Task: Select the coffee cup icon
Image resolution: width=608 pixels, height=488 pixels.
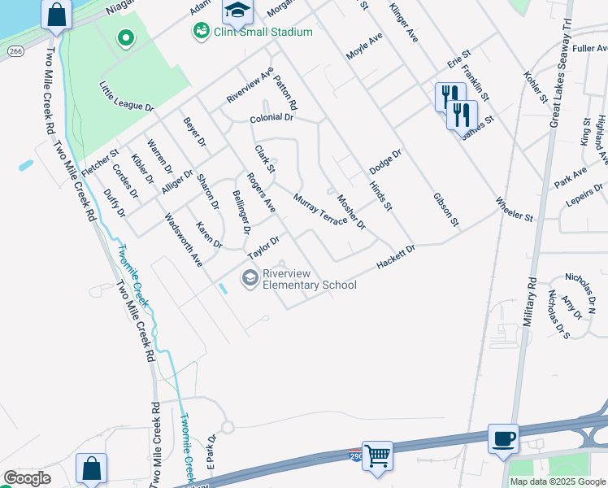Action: pos(503,439)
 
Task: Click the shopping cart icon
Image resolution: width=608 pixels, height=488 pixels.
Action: pos(377,457)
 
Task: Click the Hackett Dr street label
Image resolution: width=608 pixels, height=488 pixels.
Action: pos(396,256)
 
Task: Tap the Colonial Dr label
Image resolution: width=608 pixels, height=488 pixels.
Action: pos(271,118)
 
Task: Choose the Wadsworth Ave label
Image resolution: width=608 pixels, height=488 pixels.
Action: pos(183,240)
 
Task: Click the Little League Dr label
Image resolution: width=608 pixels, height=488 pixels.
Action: pos(126,96)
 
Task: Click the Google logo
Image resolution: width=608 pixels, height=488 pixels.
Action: pos(27,478)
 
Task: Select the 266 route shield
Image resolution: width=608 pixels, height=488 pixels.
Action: pos(15,50)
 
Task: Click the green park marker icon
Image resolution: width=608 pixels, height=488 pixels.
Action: pos(125,37)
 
